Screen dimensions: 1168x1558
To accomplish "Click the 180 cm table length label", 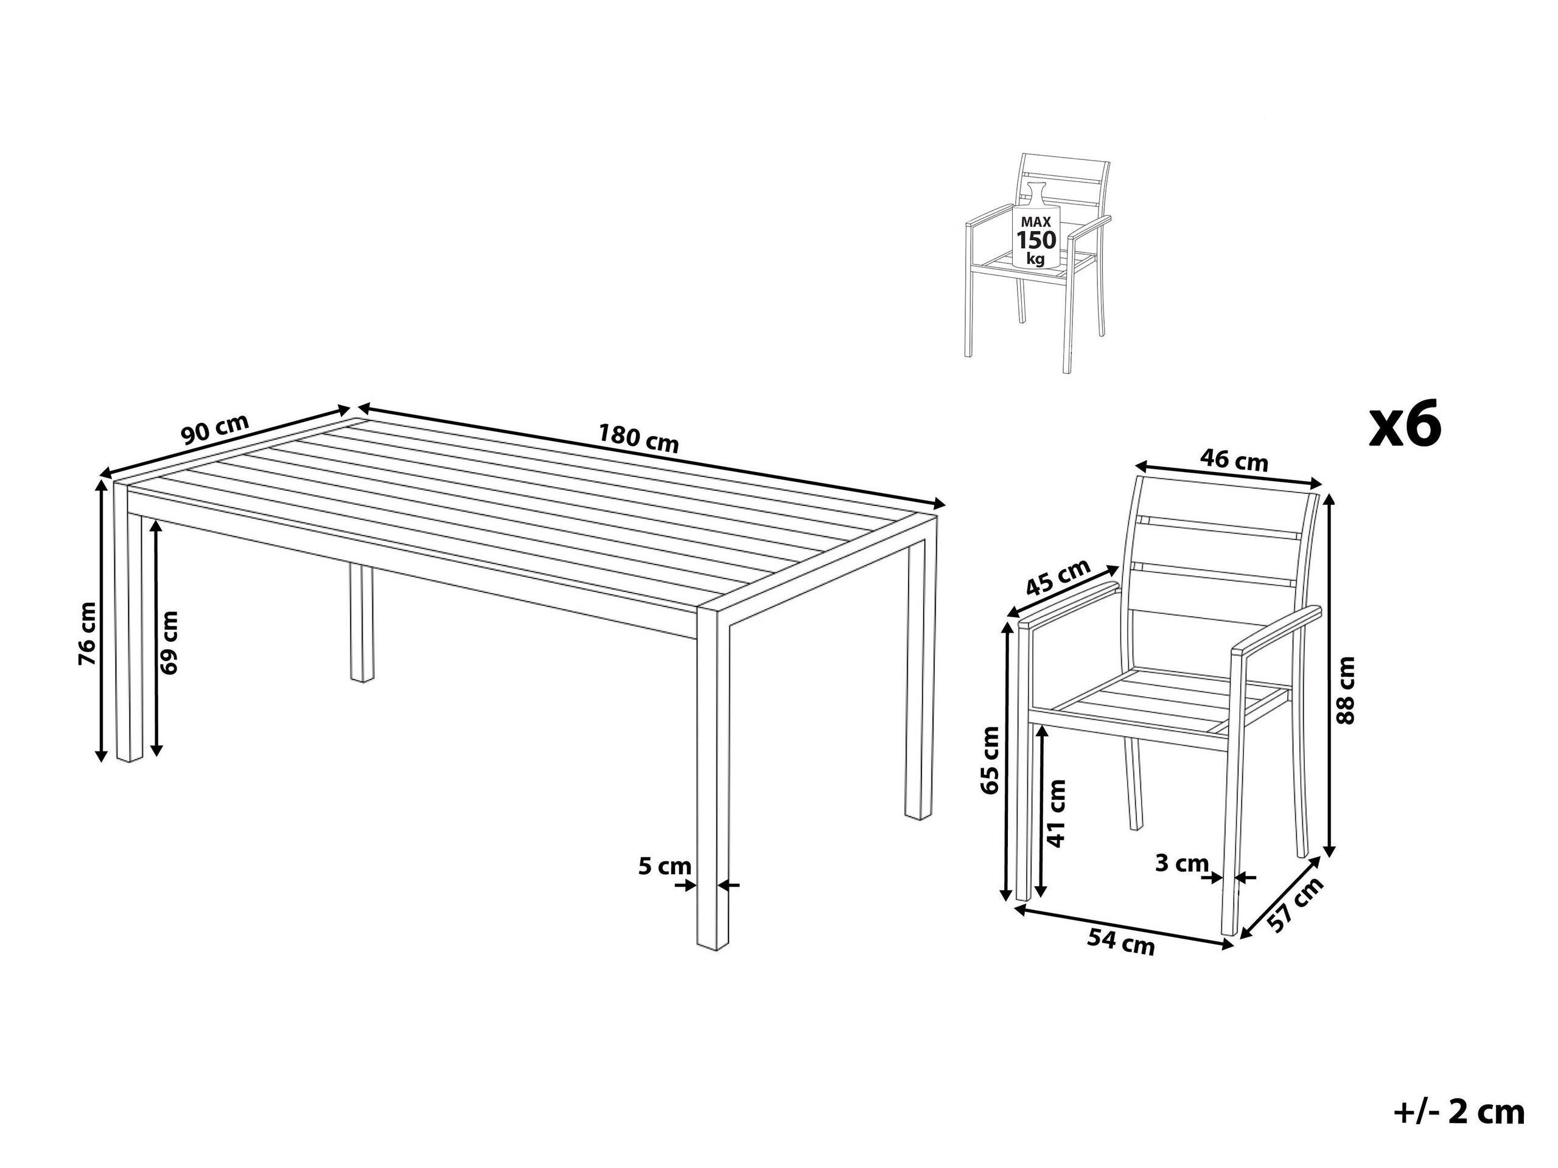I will click(638, 439).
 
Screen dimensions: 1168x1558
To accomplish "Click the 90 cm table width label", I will click(215, 429).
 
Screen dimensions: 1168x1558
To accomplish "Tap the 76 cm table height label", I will click(88, 624).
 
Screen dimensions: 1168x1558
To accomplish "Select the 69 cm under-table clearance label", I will click(169, 643).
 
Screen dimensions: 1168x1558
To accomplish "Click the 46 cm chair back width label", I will click(1234, 460).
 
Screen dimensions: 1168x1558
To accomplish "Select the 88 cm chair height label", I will click(1344, 690).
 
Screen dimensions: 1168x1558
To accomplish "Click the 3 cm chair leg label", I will click(1182, 863).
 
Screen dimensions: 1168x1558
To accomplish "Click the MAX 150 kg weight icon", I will click(1035, 232).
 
